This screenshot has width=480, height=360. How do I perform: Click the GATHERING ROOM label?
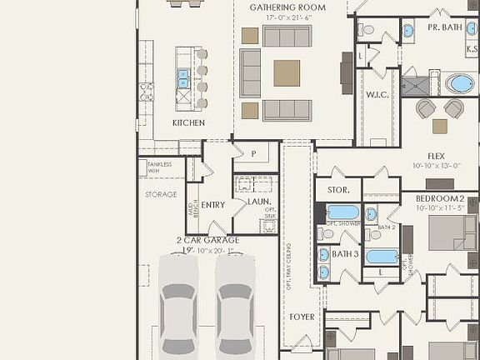pyautogui.click(x=287, y=7)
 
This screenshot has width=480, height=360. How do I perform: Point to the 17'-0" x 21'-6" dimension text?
pyautogui.click(x=287, y=17)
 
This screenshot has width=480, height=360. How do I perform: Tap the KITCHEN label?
pyautogui.click(x=188, y=122)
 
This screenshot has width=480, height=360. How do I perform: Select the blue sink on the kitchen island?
pyautogui.click(x=183, y=78)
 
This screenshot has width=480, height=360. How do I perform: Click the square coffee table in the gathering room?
pyautogui.click(x=287, y=73)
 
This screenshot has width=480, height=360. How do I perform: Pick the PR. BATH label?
pyautogui.click(x=445, y=27)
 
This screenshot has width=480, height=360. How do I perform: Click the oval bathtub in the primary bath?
pyautogui.click(x=458, y=83)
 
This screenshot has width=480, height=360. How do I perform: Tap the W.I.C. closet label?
pyautogui.click(x=377, y=95)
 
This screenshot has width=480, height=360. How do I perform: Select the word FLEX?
pyautogui.click(x=436, y=156)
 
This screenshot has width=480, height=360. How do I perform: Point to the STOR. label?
pyautogui.click(x=337, y=189)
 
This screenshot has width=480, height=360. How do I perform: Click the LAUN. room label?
pyautogui.click(x=259, y=202)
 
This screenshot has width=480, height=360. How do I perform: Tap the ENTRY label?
pyautogui.click(x=213, y=205)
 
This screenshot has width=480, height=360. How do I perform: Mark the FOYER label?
pyautogui.click(x=302, y=317)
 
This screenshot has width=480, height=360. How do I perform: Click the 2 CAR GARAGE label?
pyautogui.click(x=207, y=240)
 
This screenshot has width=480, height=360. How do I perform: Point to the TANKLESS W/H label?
pyautogui.click(x=159, y=167)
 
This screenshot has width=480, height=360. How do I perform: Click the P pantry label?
pyautogui.click(x=253, y=153)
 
